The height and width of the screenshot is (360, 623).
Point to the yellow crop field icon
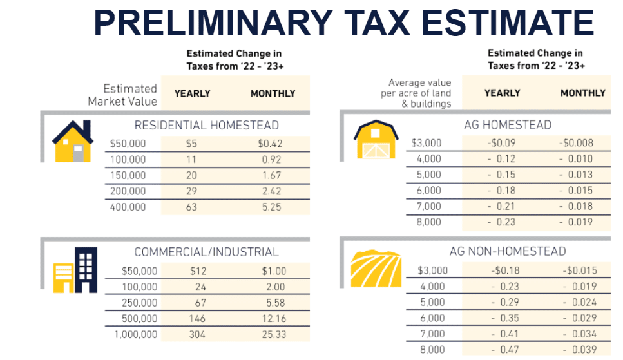(371, 267)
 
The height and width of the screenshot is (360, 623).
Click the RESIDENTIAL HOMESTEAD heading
(206, 125)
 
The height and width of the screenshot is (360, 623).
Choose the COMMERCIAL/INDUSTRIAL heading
(206, 252)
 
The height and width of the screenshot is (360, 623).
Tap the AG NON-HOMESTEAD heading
(507, 251)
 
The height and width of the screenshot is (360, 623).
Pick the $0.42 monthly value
(272, 143)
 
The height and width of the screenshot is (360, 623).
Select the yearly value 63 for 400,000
(191, 207)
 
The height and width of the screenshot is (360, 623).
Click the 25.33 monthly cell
(274, 334)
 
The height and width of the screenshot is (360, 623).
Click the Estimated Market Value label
(122, 95)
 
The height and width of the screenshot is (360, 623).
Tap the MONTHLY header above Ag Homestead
(582, 93)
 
